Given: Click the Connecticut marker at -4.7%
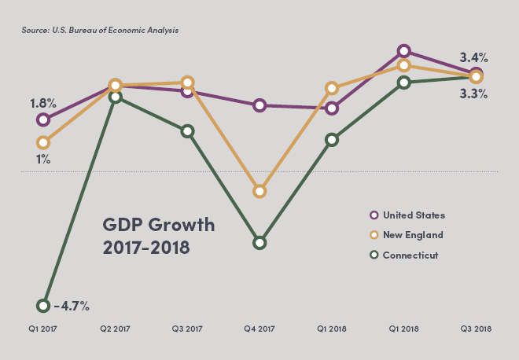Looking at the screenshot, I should pyautogui.click(x=43, y=306).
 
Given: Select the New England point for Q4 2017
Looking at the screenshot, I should pyautogui.click(x=259, y=191).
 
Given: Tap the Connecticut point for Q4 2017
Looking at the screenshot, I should pyautogui.click(x=259, y=243).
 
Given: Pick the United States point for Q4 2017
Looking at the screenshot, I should pyautogui.click(x=259, y=105).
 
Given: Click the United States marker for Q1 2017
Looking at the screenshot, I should pyautogui.click(x=43, y=119).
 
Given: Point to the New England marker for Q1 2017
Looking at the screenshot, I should pyautogui.click(x=43, y=142).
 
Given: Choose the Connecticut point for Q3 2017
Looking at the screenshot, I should pyautogui.click(x=187, y=131).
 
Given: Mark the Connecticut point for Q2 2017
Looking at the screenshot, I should pyautogui.click(x=116, y=97).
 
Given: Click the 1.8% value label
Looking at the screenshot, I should pyautogui.click(x=42, y=103).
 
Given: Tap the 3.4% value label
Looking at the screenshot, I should pyautogui.click(x=474, y=57).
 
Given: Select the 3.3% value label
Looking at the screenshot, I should pyautogui.click(x=474, y=94).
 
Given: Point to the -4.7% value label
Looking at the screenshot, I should pyautogui.click(x=71, y=306).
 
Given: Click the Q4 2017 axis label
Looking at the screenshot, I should pyautogui.click(x=259, y=329).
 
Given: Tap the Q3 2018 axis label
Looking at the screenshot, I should pyautogui.click(x=476, y=329).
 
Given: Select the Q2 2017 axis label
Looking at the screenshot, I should pyautogui.click(x=116, y=329).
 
